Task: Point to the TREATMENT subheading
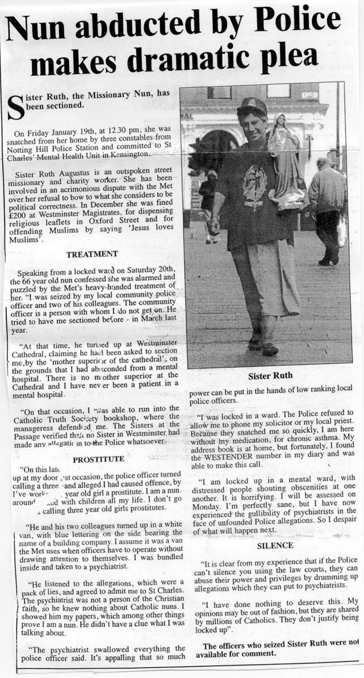pos(92,254)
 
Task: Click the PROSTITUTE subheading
pos(99,459)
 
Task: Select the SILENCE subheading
pos(275,545)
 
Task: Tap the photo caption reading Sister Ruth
pos(270,376)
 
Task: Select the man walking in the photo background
pos(327,213)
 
